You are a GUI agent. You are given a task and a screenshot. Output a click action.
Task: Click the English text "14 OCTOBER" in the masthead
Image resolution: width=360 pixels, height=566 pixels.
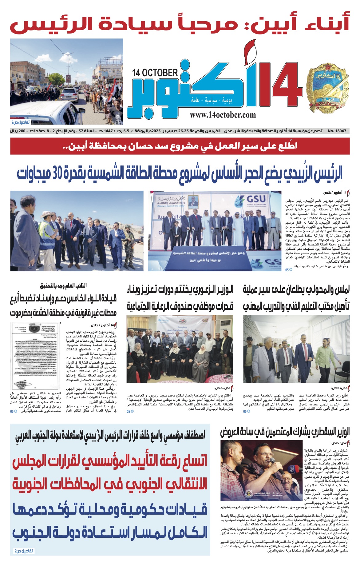pos(155,73)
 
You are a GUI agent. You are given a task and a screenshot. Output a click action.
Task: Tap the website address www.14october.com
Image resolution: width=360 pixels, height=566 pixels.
pos(223,115)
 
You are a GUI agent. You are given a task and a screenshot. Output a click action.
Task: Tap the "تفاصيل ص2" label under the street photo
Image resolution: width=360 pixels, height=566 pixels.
pos(20,122)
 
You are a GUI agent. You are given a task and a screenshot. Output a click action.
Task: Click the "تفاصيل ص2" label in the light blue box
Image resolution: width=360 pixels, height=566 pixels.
pos(24,551)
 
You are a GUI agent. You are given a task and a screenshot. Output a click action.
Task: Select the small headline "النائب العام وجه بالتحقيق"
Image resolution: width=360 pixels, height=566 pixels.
pos(63,286)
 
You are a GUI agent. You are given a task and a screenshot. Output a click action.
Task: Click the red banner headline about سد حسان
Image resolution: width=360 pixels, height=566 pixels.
pos(180,146)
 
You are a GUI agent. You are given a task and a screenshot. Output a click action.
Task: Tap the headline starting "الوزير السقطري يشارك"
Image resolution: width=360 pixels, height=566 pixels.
pos(285,432)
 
